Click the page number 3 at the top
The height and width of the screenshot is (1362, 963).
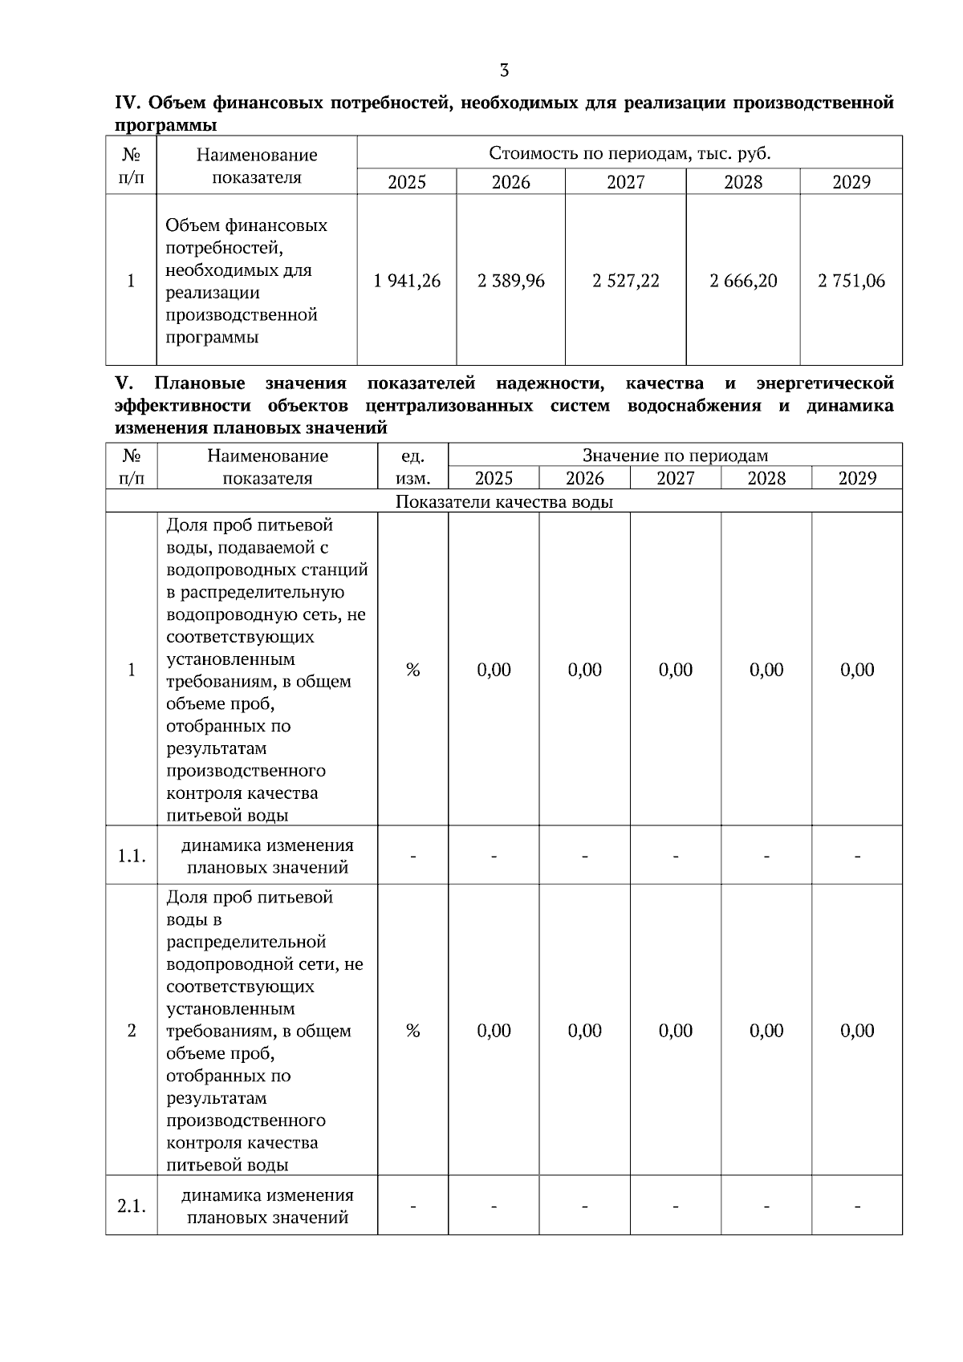[x=504, y=71]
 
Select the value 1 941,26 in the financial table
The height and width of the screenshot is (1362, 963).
[x=407, y=281]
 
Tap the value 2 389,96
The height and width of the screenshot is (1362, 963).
[x=510, y=281]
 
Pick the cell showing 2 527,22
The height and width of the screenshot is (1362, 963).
[x=625, y=281]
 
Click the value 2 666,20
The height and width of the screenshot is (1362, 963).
[x=743, y=281]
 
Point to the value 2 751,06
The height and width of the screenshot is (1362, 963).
[x=851, y=281]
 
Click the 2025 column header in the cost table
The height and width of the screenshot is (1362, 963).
[x=407, y=182]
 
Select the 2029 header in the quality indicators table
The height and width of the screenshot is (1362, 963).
[x=857, y=478]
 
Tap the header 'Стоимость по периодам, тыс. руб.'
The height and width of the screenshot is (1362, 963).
[x=629, y=153]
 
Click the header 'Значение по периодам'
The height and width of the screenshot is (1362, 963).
[x=675, y=456]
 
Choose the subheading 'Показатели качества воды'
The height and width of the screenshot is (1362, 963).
[x=504, y=502]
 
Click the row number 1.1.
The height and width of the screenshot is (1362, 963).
[x=132, y=856]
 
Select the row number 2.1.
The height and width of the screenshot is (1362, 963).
[x=132, y=1206]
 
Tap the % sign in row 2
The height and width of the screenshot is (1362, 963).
[x=412, y=1031]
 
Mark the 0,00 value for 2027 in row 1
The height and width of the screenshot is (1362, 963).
[x=675, y=670]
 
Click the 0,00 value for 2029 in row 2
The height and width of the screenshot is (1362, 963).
[x=857, y=1031]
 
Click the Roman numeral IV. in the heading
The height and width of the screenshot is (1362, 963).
[x=128, y=103]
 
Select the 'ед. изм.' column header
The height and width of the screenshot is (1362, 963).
[x=412, y=467]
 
